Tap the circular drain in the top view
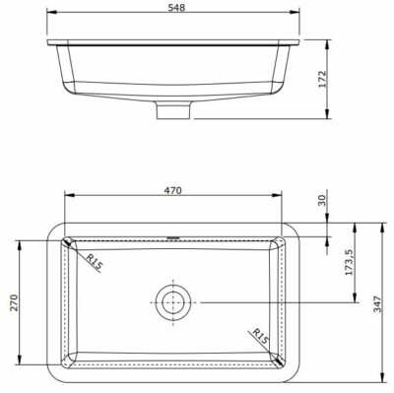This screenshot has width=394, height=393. click(173, 300)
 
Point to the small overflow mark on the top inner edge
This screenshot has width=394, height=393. click(173, 236)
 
